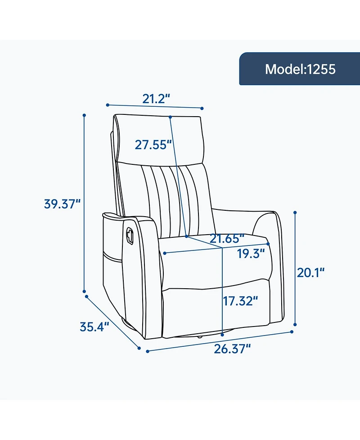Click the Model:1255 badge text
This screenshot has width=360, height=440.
(300, 69)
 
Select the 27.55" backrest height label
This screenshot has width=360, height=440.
(153, 145)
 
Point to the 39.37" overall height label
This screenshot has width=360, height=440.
(62, 204)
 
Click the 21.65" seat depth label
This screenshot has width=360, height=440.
(227, 239)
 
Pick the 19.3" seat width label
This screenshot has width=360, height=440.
(251, 254)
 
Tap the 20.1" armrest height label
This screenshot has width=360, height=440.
(310, 272)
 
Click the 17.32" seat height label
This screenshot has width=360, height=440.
(240, 301)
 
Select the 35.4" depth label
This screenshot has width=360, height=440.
(94, 327)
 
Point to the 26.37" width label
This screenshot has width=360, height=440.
(232, 349)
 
